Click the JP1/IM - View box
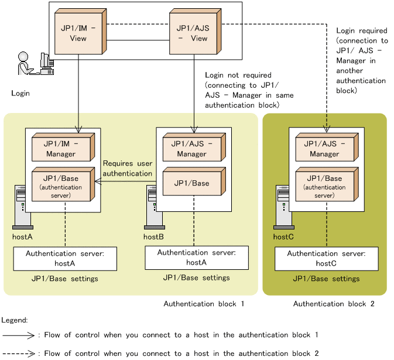[78, 33]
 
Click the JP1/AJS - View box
[192, 33]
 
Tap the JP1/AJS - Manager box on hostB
[191, 149]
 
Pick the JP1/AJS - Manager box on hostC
[324, 149]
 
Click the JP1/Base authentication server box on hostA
[61, 186]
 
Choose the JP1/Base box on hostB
[191, 184]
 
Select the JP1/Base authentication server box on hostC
[324, 186]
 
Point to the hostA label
[22, 237]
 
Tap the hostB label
[153, 237]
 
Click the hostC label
[283, 237]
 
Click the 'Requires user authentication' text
[128, 169]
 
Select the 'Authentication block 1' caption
[204, 304]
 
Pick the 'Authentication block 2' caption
[334, 304]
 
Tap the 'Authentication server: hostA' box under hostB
[197, 258]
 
